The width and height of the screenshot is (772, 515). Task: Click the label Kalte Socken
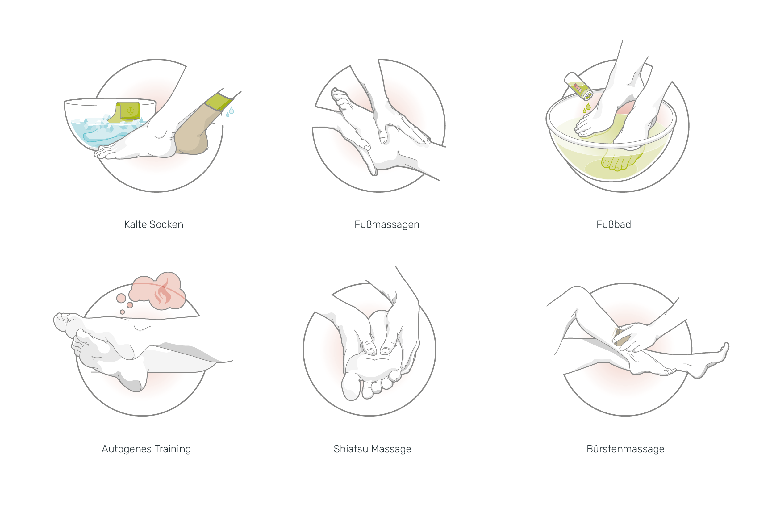[154, 225]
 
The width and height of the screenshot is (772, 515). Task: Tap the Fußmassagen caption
[387, 225]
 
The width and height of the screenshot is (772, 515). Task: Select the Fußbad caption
[614, 225]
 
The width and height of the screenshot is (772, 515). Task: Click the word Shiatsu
[351, 449]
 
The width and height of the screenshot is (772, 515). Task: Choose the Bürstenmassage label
[626, 449]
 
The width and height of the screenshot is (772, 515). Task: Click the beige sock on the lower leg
[194, 132]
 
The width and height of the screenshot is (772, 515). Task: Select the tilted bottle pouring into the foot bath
[578, 86]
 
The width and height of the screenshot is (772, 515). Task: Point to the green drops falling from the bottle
[587, 107]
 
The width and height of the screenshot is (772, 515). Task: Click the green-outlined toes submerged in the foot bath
[617, 163]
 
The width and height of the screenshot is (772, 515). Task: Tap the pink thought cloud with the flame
[158, 291]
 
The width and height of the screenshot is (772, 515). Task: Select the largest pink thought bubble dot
[121, 298]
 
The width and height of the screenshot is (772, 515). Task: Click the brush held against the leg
[622, 337]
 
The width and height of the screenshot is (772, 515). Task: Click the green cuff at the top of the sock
[218, 102]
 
